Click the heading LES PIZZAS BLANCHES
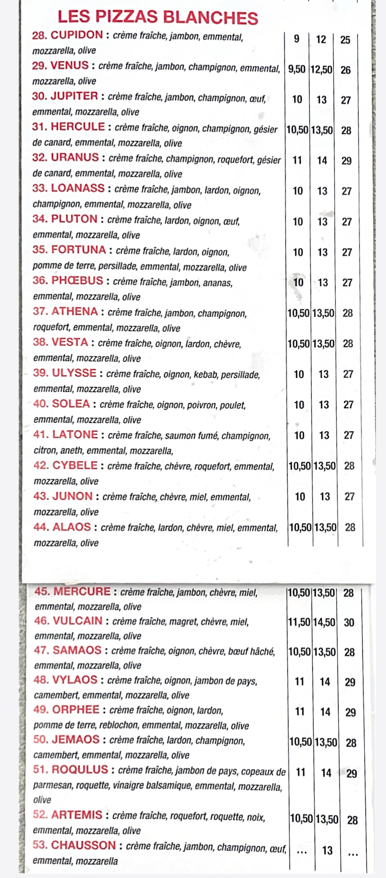[x=157, y=17]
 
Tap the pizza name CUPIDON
[x=77, y=35]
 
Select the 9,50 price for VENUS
[x=297, y=70]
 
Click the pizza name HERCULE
[x=78, y=127]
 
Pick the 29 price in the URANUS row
[x=347, y=161]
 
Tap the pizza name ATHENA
[x=75, y=312]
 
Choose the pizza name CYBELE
[x=75, y=466]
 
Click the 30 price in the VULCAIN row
[x=349, y=623]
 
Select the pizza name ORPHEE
[x=76, y=710]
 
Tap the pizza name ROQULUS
[x=80, y=770]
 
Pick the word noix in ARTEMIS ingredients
[x=256, y=817]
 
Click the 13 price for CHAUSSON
[x=327, y=851]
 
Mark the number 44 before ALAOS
[x=40, y=527]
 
